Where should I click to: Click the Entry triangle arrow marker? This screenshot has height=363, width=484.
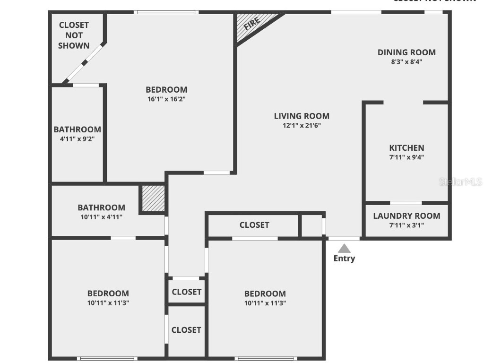pos(345,248)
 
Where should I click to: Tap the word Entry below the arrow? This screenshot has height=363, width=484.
pos(344,259)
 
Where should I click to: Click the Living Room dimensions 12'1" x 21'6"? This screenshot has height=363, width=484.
pos(302,126)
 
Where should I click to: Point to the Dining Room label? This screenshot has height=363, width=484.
pos(406,52)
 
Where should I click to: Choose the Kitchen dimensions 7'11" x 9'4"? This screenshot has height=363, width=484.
pos(406,158)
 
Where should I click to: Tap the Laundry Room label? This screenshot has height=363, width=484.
pos(406,216)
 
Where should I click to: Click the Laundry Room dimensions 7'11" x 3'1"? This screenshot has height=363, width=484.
pos(406,225)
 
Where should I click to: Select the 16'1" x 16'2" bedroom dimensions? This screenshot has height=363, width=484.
pos(166,99)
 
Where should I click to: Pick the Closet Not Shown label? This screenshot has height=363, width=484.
pos(74,35)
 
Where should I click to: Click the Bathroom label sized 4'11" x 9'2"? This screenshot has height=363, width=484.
pos(77,130)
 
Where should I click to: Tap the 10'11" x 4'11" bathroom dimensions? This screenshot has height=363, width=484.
pos(101,217)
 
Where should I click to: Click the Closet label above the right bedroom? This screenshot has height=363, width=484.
pos(254,225)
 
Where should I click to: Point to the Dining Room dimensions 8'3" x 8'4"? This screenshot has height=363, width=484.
pos(406,61)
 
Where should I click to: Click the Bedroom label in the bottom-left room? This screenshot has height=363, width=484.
pos(108,294)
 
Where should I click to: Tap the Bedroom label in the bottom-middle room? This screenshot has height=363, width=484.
pos(265,294)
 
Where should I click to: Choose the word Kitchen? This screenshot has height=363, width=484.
pos(406,148)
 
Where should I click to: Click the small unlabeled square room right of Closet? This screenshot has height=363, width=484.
pos(311,225)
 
